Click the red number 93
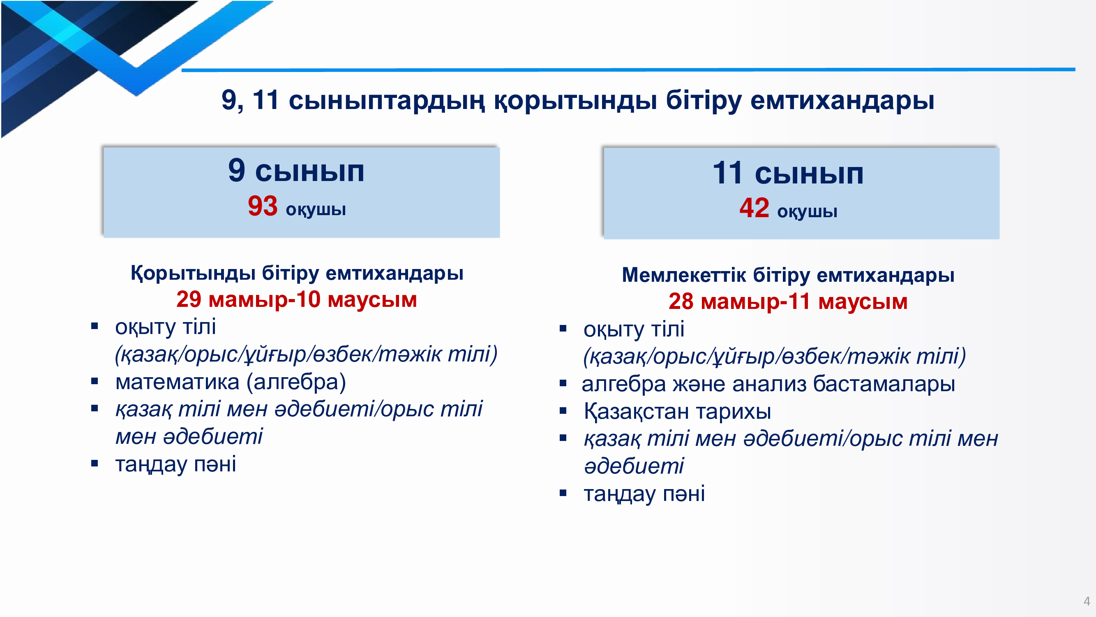(x=263, y=206)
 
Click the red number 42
(x=754, y=208)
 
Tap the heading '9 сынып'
(x=296, y=170)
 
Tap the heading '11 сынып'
(x=788, y=173)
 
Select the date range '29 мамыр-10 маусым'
(x=297, y=299)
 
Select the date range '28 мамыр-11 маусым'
(x=788, y=302)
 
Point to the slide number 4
(x=1087, y=601)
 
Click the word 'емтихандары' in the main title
(x=842, y=100)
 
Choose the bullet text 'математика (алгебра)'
(x=231, y=382)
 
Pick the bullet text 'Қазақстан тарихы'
(x=677, y=411)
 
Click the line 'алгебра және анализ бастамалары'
(x=768, y=384)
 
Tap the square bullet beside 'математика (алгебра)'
(x=95, y=381)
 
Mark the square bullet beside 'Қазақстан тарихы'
(x=563, y=411)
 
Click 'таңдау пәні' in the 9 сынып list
(x=176, y=464)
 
